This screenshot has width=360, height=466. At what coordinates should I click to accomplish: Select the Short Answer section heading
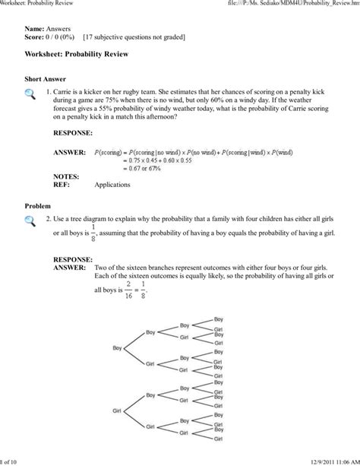[46, 79]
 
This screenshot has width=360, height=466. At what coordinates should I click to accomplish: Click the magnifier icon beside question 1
[30, 94]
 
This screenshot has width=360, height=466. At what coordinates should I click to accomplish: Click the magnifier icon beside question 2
[30, 222]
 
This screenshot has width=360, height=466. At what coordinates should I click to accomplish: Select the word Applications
[112, 184]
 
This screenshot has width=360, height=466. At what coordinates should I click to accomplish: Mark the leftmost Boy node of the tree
[118, 348]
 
